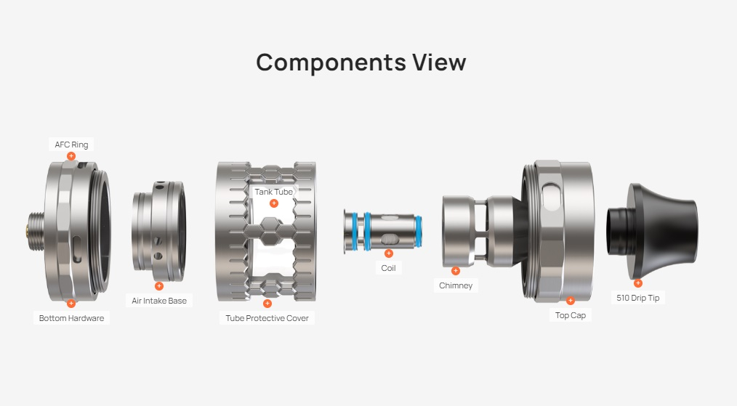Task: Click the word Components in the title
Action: pyautogui.click(x=331, y=63)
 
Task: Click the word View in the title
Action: pyautogui.click(x=440, y=62)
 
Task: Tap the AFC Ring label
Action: pyautogui.click(x=71, y=145)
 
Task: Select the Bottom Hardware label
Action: pyautogui.click(x=71, y=318)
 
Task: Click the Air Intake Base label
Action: pyautogui.click(x=159, y=301)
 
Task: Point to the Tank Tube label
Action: pyautogui.click(x=273, y=192)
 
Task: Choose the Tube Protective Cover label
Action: pyautogui.click(x=267, y=318)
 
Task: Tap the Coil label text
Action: pyautogui.click(x=388, y=268)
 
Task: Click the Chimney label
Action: pyautogui.click(x=456, y=285)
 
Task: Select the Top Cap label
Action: pyautogui.click(x=570, y=315)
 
